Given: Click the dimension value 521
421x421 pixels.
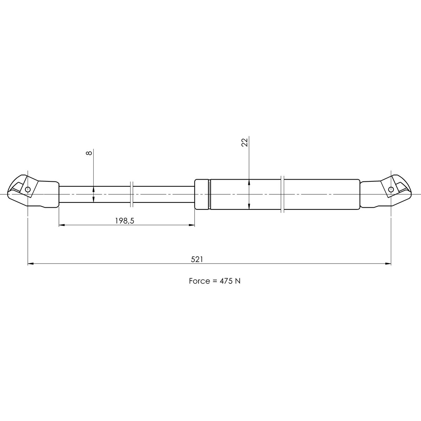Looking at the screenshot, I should (x=197, y=259).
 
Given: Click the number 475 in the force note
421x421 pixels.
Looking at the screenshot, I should (x=226, y=281).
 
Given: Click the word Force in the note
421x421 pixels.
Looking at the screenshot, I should (x=198, y=281).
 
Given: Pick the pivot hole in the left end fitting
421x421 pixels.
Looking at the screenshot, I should (x=28, y=190).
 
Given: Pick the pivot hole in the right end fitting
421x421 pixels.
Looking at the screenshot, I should (x=391, y=190).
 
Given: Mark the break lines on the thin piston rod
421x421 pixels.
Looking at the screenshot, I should (x=131, y=194).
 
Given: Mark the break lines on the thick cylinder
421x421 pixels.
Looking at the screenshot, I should (x=282, y=194).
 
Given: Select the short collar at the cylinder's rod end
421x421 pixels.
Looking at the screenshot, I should (x=202, y=194).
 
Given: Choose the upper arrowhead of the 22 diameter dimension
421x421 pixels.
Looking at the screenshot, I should (x=248, y=182).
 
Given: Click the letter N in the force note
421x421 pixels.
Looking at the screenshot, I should (x=238, y=281).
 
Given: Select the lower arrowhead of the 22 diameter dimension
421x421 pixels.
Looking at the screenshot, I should (x=248, y=207).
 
